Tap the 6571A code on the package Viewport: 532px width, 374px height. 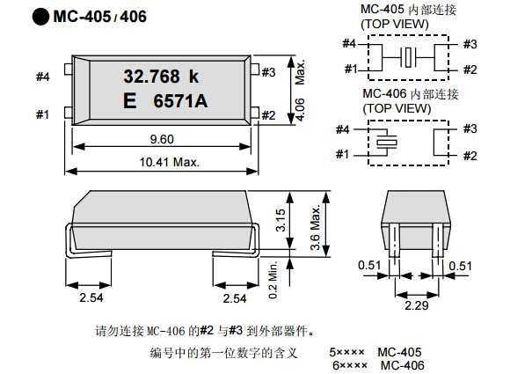click(x=181, y=102)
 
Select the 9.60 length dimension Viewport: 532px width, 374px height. click(x=163, y=138)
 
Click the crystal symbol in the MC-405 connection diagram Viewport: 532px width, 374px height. click(x=408, y=57)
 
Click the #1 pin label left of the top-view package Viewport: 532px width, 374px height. click(x=43, y=114)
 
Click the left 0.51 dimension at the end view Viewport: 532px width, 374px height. click(x=369, y=264)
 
